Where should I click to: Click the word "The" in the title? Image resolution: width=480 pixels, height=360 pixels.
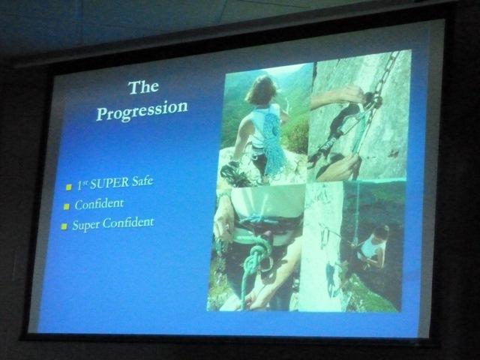tap(143, 87)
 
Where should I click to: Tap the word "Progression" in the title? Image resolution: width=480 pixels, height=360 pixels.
tap(142, 110)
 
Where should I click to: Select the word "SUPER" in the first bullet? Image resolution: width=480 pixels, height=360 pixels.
tap(109, 183)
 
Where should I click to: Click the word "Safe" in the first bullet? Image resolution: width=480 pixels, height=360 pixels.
tap(142, 181)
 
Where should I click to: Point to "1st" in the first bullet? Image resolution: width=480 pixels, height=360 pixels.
tap(82, 185)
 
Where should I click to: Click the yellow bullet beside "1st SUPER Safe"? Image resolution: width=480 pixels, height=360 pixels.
tap(69, 187)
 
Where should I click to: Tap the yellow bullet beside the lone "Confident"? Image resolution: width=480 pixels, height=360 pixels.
tap(67, 207)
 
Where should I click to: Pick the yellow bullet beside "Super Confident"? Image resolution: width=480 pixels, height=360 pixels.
tap(64, 226)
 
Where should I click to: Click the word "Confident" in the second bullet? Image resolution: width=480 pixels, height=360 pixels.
tap(99, 204)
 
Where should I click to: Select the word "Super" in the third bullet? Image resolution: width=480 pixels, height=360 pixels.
tap(86, 226)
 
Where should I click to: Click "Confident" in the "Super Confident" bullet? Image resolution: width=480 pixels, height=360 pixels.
tap(128, 223)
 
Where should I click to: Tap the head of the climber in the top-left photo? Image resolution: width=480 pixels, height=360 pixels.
tap(261, 89)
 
